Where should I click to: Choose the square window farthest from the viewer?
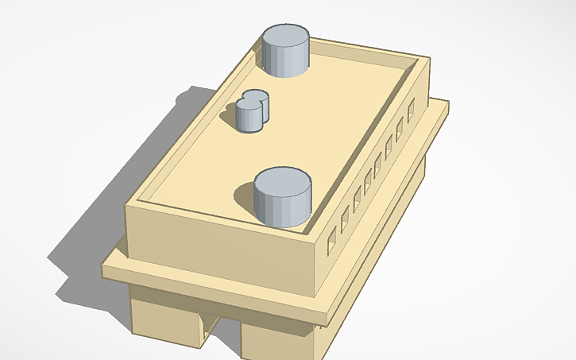click(411, 111)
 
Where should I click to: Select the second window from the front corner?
click(344, 221)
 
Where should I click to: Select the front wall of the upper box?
click(222, 246)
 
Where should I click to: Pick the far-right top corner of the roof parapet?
click(429, 56)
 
